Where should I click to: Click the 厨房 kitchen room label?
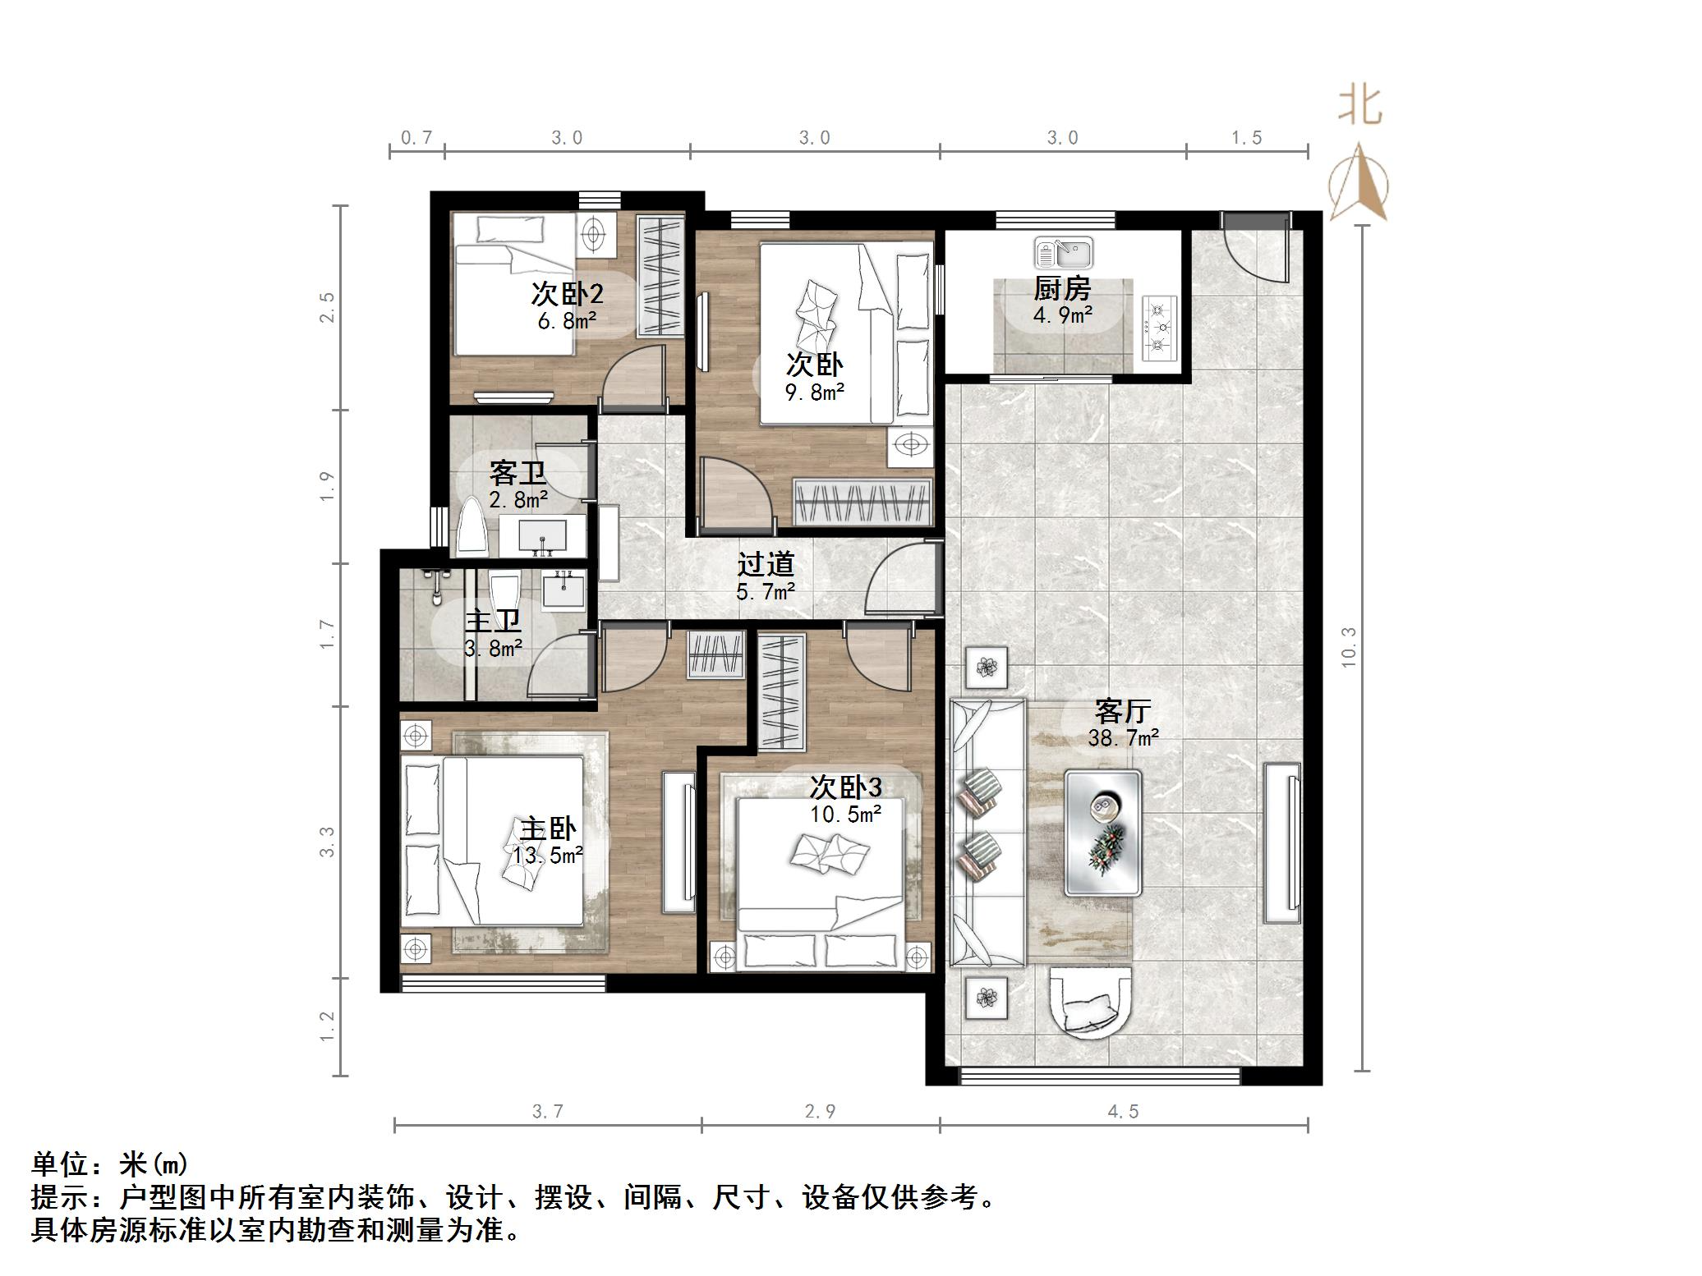tap(1062, 290)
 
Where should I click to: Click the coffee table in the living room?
tap(1102, 833)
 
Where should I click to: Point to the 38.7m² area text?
tap(1123, 738)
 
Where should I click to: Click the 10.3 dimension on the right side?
tap(1348, 647)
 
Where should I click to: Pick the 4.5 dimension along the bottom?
tap(1123, 1111)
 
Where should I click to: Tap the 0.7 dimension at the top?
tap(416, 138)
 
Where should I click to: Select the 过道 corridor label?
tap(766, 565)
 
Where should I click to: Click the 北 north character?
tap(1359, 107)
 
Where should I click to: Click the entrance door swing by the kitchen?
tap(1253, 250)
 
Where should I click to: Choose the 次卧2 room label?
tap(567, 293)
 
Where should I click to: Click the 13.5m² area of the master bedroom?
tap(548, 856)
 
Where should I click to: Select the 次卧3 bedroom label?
tap(845, 787)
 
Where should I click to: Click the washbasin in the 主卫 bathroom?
tap(563, 591)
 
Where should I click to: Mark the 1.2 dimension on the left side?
tap(327, 1026)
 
